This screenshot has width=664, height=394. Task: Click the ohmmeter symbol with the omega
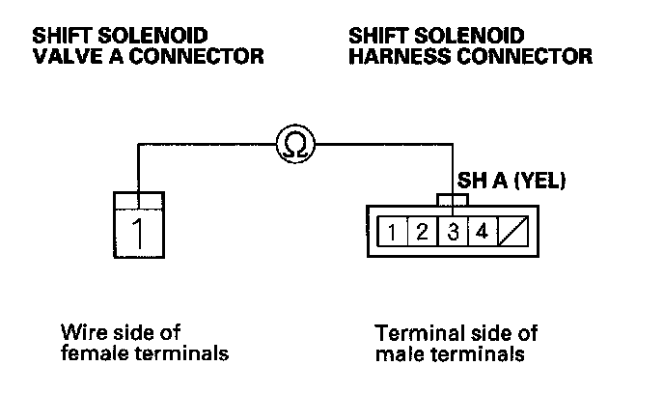coord(293,145)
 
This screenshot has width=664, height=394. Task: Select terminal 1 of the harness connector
coord(397,231)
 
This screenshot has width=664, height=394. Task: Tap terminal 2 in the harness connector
coord(424,231)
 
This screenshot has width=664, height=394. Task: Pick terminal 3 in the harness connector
coord(452,231)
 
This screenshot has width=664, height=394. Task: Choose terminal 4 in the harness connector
coord(480,231)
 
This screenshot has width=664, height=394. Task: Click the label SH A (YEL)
coord(512,180)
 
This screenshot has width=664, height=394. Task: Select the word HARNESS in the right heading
coord(397,57)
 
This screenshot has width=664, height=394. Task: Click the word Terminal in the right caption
coord(411,333)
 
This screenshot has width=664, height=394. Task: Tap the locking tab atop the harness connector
coord(452,200)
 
